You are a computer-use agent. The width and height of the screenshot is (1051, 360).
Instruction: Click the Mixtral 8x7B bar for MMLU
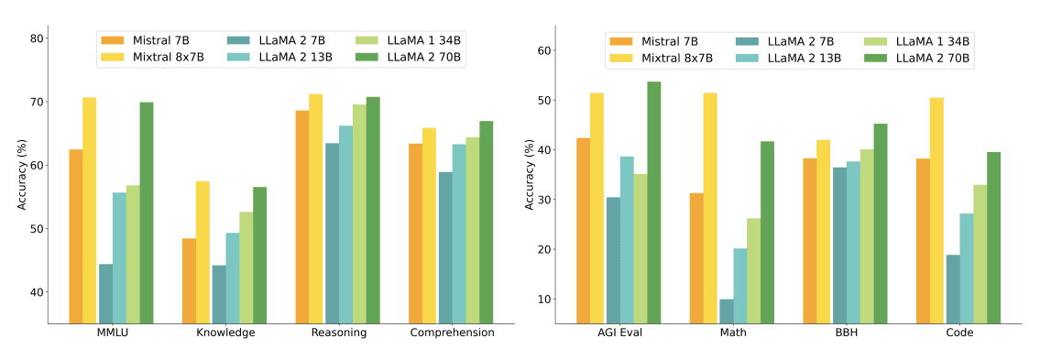click(89, 210)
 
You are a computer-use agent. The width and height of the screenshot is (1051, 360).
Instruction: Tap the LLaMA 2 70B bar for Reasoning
click(373, 210)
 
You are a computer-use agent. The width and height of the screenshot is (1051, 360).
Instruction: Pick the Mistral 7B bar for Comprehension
click(416, 233)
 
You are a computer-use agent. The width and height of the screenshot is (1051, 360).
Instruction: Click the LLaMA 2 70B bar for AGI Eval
click(653, 202)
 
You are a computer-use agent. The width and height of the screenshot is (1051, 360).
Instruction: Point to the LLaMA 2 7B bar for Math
click(726, 311)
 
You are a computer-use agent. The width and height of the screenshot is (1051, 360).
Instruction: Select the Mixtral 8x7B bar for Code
click(936, 210)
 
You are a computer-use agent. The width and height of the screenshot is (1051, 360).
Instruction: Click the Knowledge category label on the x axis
click(225, 333)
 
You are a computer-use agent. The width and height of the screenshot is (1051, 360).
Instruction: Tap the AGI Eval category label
click(619, 333)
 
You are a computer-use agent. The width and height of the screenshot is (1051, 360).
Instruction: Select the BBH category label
click(846, 333)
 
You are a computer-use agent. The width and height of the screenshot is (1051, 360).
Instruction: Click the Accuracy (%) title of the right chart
click(529, 174)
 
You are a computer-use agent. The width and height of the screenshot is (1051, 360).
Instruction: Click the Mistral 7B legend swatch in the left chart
click(113, 40)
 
